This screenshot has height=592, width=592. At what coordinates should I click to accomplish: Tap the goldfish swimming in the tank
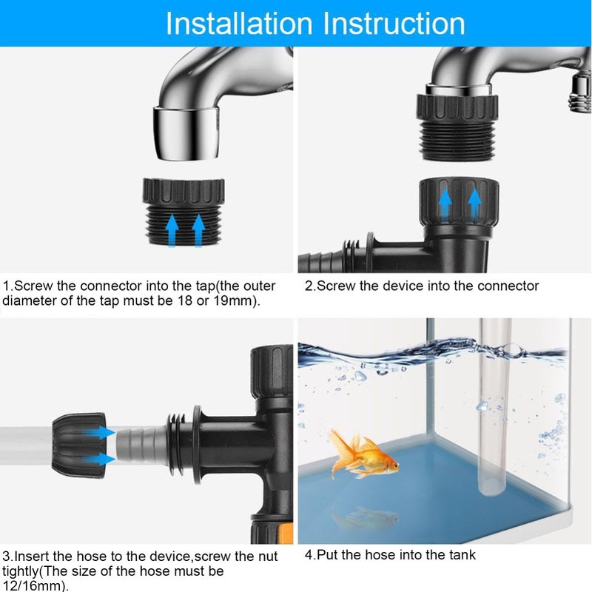click(x=363, y=457)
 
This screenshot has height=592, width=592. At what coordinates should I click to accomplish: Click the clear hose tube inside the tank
click(x=492, y=414)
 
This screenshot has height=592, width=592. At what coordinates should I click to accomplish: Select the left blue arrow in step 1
click(x=172, y=229)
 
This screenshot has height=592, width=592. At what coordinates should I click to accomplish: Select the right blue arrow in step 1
click(x=198, y=229)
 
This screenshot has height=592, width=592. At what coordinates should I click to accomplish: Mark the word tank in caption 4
click(x=460, y=554)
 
